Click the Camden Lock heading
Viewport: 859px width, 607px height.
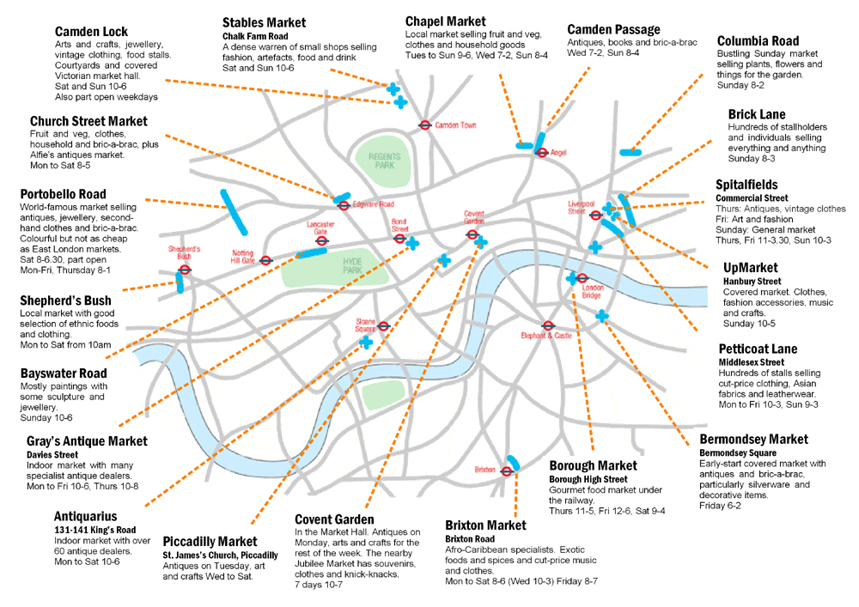[91, 32]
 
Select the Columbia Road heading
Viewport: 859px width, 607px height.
[758, 40]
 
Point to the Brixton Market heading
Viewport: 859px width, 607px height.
[485, 525]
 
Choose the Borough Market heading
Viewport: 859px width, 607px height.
[593, 465]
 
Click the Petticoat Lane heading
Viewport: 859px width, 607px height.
[758, 349]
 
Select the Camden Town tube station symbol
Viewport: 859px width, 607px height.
[424, 124]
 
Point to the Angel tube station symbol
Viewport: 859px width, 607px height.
[541, 153]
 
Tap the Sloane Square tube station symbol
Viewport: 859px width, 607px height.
[384, 326]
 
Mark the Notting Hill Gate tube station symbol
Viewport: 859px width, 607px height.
[266, 260]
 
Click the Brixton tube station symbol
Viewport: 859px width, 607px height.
[507, 470]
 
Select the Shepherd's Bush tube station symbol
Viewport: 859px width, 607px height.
[185, 269]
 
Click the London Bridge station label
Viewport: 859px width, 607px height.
[593, 291]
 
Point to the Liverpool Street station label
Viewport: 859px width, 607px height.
[581, 208]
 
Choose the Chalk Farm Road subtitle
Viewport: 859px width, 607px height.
[254, 35]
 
